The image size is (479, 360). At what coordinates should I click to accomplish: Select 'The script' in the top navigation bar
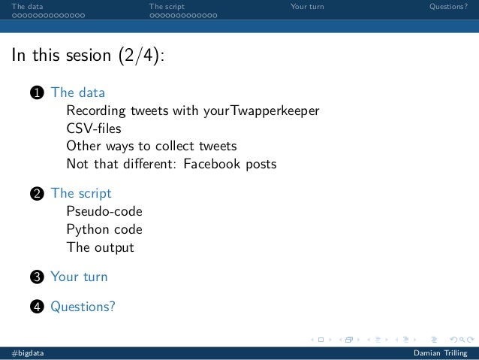click(x=167, y=7)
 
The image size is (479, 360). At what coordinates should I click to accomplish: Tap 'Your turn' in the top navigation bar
click(x=307, y=7)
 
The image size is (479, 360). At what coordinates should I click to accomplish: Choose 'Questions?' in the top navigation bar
click(x=448, y=7)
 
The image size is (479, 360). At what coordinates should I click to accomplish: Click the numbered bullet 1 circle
click(x=35, y=93)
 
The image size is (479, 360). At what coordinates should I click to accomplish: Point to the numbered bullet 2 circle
click(x=35, y=194)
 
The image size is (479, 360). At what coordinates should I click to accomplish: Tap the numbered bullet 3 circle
click(x=35, y=277)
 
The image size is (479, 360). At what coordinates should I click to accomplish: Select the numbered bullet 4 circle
click(x=35, y=307)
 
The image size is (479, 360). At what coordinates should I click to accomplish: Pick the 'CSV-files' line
click(x=93, y=129)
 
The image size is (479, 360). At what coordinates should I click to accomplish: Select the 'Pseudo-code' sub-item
click(x=104, y=211)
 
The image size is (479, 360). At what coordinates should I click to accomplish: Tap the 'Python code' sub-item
click(x=104, y=229)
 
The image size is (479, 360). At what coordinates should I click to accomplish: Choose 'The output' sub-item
click(x=100, y=247)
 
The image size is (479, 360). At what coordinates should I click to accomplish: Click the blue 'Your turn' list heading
click(x=79, y=277)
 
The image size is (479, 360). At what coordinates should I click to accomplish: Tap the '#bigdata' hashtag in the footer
click(x=27, y=353)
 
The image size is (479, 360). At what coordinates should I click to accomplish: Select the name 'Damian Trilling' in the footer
click(x=440, y=353)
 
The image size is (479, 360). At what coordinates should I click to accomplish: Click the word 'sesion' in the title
click(x=83, y=57)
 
